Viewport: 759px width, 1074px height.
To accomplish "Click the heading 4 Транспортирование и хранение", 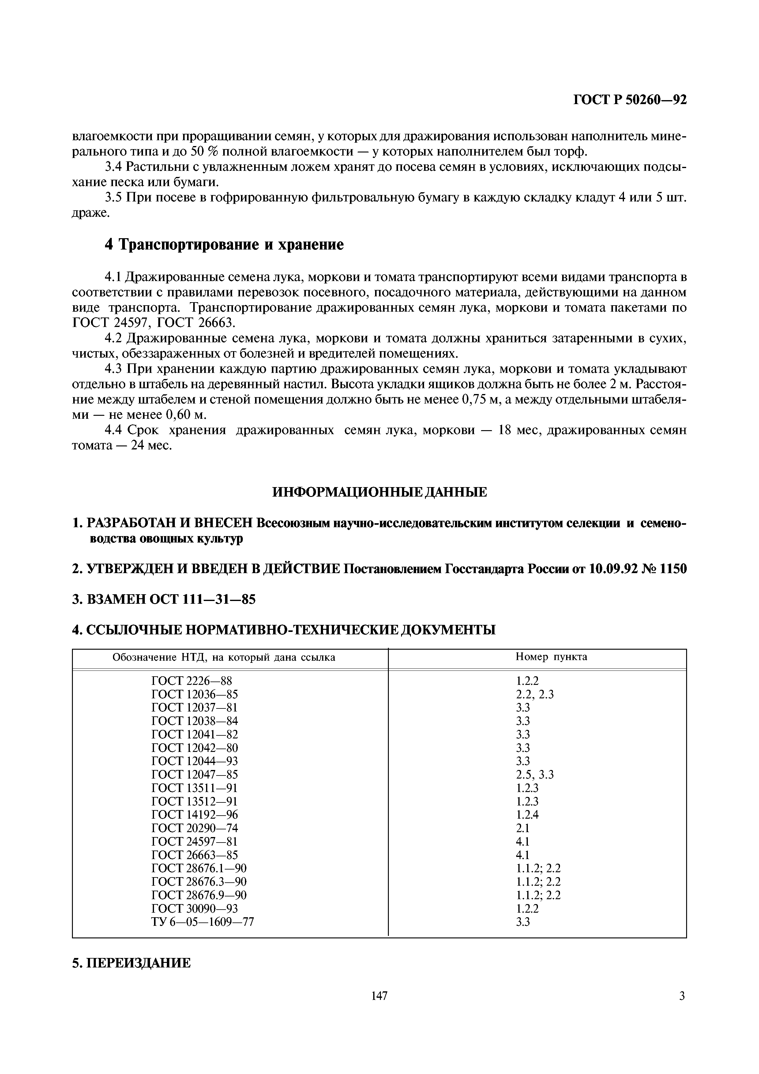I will click(224, 244).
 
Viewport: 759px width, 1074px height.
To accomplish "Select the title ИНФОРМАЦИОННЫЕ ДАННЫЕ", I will click(379, 492).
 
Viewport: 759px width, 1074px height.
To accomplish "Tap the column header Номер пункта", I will click(551, 657).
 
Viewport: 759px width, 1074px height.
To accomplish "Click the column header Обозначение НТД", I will click(224, 657).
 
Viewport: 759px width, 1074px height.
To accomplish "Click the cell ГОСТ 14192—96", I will click(194, 814).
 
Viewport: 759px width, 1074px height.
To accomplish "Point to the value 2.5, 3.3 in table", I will click(535, 775).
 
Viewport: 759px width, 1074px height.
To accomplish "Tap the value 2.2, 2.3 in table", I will click(535, 694).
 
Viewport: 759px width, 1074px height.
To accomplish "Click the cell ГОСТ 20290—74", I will click(194, 828).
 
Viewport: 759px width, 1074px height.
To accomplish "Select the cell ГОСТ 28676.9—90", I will click(199, 895).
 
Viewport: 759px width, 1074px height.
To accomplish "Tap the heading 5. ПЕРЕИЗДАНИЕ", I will click(131, 963).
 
